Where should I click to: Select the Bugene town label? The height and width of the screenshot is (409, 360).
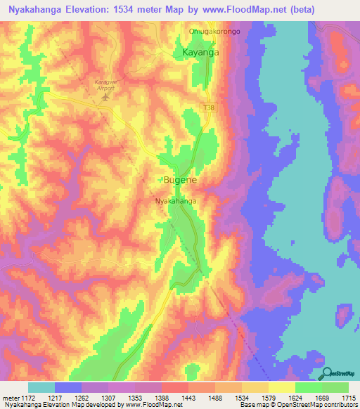(181, 180)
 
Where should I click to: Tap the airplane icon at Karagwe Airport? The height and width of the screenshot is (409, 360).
(106, 96)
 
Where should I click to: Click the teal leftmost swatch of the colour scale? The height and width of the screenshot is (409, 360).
(41, 387)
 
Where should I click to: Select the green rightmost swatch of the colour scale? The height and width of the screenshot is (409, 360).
(335, 387)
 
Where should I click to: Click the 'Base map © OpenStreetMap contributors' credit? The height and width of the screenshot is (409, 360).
(297, 405)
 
